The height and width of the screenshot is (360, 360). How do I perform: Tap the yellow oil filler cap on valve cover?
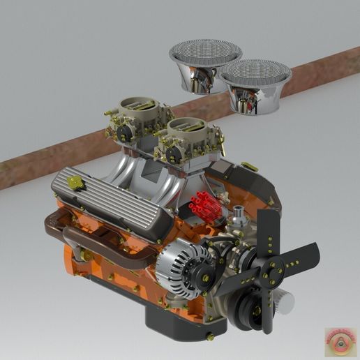coord(75,182)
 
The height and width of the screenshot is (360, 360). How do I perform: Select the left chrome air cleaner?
coord(205,64)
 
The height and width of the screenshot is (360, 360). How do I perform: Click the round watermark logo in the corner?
coord(340,342)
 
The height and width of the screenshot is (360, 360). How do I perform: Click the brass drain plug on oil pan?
coord(209,337)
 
